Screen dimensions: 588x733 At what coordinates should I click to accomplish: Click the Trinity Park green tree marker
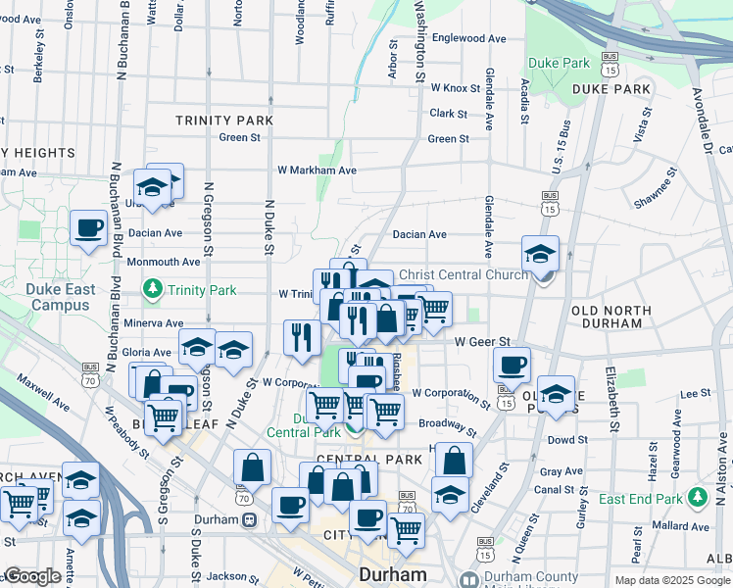click(x=153, y=289)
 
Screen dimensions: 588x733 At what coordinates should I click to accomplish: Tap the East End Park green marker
click(x=698, y=498)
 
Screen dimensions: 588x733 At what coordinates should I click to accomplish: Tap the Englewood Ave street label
click(x=468, y=38)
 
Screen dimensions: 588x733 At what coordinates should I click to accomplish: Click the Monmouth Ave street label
click(x=162, y=262)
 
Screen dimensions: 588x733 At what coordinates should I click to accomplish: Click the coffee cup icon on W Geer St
click(x=512, y=366)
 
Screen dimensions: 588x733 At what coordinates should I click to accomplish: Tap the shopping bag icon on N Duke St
click(x=253, y=467)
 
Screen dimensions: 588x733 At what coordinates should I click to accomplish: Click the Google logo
click(x=32, y=576)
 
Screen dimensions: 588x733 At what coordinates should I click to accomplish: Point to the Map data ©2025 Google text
click(x=672, y=580)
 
